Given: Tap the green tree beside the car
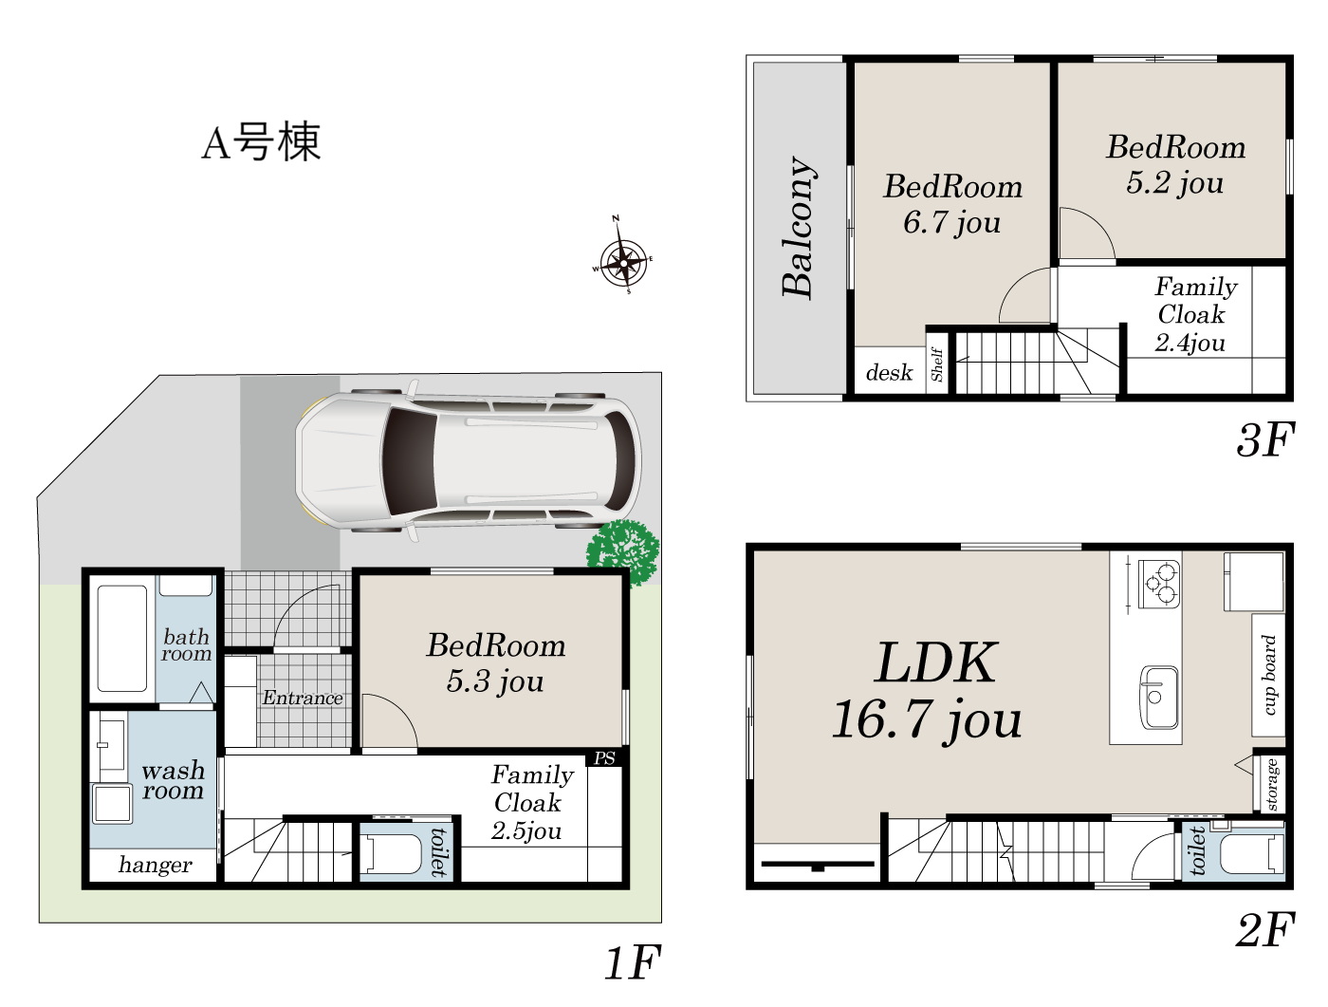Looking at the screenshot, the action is pyautogui.click(x=622, y=551).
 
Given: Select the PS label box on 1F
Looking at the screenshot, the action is pyautogui.click(x=604, y=757).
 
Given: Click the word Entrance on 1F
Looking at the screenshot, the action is pyautogui.click(x=303, y=698).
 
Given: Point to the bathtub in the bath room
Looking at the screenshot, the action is pyautogui.click(x=122, y=638).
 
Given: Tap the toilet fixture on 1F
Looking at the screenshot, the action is pyautogui.click(x=393, y=854).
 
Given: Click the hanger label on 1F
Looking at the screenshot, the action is pyautogui.click(x=156, y=865).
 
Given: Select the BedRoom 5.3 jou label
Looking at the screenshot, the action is pyautogui.click(x=495, y=662).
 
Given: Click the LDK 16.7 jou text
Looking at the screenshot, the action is pyautogui.click(x=928, y=691).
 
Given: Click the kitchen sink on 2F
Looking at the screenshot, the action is pyautogui.click(x=1158, y=698).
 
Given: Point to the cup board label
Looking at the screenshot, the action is pyautogui.click(x=1268, y=675).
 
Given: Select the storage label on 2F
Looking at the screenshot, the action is pyautogui.click(x=1272, y=784).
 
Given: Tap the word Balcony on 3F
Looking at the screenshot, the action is pyautogui.click(x=799, y=227).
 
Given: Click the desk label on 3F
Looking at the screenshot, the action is pyautogui.click(x=889, y=372).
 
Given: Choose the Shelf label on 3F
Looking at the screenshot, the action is pyautogui.click(x=936, y=364).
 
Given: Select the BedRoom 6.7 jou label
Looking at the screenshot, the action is pyautogui.click(x=953, y=204).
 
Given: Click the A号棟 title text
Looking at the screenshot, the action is pyautogui.click(x=262, y=141).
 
